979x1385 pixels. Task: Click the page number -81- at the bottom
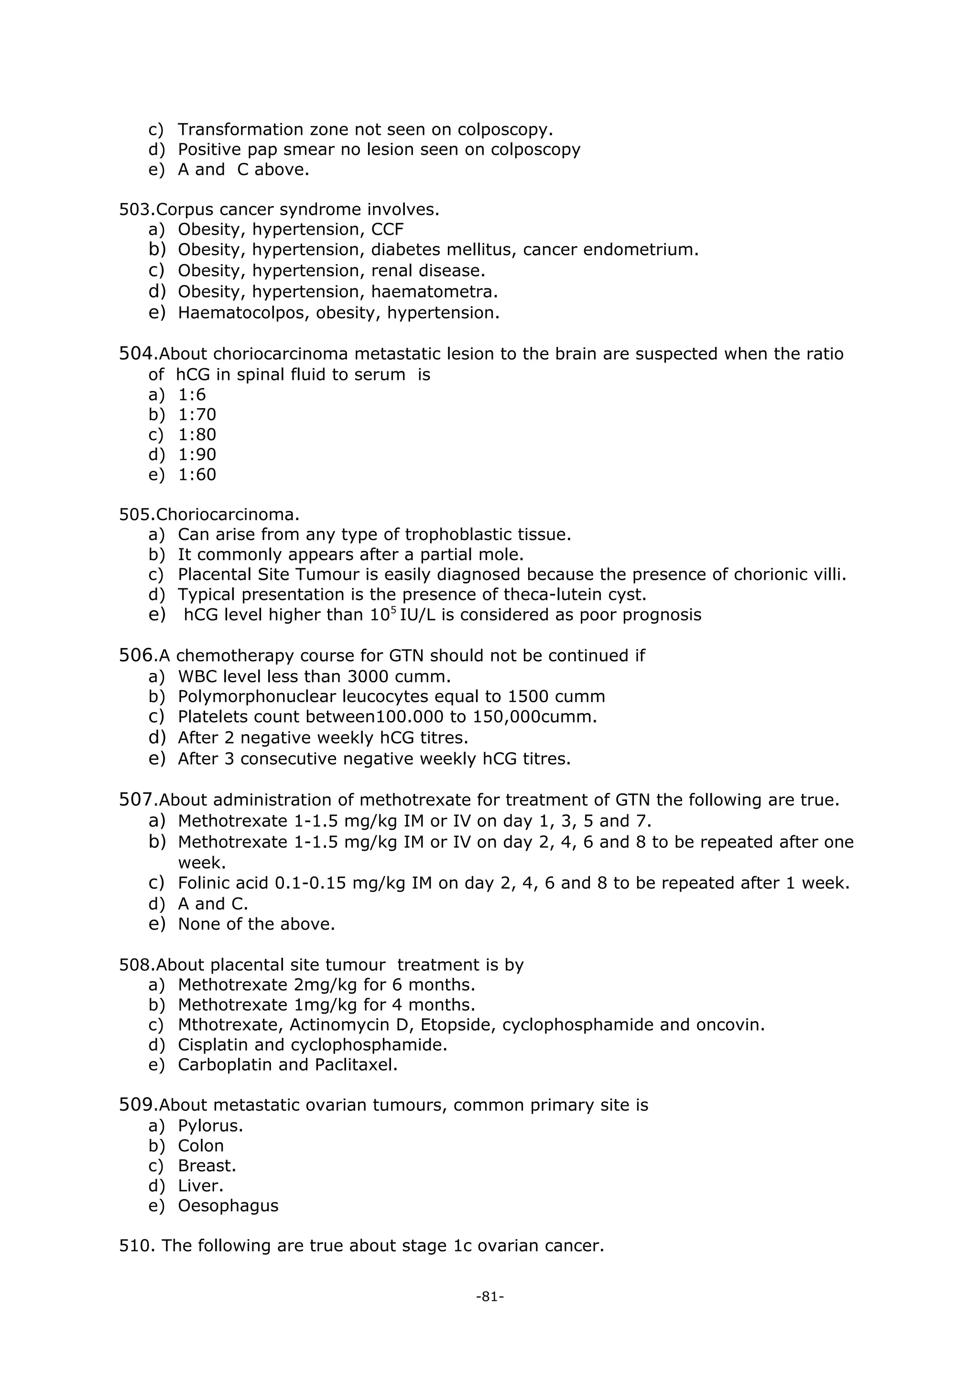click(x=489, y=1296)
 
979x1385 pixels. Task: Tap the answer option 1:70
click(x=196, y=414)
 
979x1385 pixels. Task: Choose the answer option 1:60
click(x=196, y=474)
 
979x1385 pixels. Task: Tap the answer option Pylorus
click(x=210, y=1125)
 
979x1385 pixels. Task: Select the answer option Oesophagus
click(x=228, y=1205)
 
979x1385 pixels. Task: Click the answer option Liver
click(x=200, y=1185)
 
